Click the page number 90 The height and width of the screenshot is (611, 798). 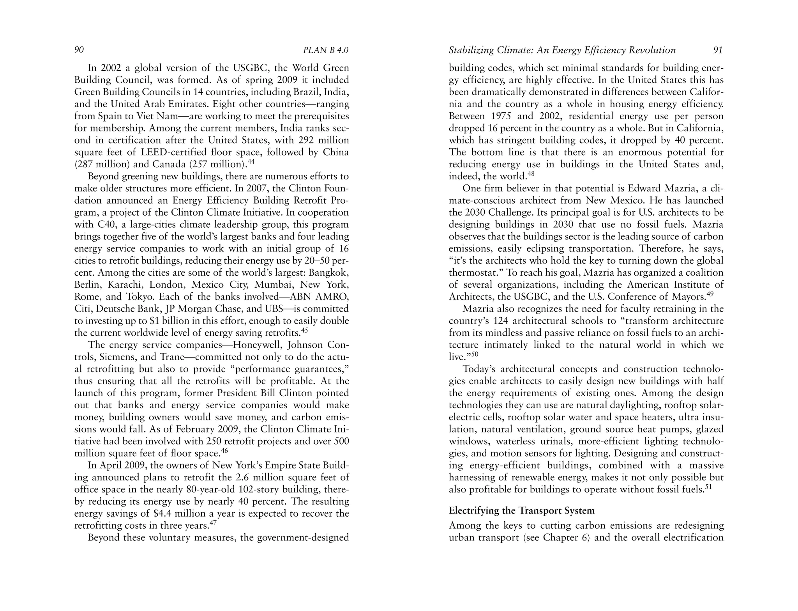point(79,50)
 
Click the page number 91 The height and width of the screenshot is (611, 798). point(718,50)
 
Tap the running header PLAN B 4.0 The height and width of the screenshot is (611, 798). point(325,50)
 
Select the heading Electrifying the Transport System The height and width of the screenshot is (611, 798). point(522,511)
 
